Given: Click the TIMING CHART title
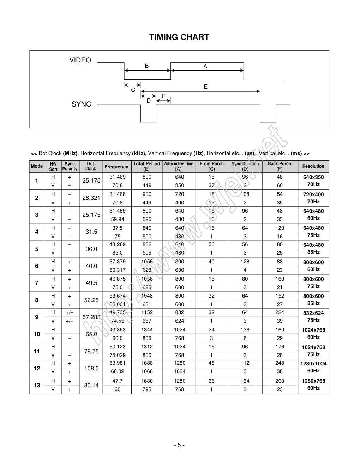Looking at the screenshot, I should pos(179,37).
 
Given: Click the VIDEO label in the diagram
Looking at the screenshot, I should pos(80,60).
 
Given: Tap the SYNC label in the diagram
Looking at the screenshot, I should pos(81,104).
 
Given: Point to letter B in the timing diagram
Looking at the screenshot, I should pos(147,66).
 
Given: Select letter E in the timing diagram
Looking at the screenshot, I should pos(205,87).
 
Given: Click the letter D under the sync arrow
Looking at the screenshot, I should pos(149,101).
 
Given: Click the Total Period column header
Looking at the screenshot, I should pos(146,166).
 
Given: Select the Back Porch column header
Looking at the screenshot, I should pos(280,166).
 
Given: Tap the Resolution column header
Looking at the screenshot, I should pos(313,166).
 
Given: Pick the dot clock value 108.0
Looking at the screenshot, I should pos(91,368).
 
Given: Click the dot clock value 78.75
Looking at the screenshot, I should pos(91,351).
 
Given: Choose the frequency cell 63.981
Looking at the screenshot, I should pos(117,363).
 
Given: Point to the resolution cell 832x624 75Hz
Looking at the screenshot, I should pos(313,317).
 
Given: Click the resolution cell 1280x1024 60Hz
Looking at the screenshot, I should pos(313,367).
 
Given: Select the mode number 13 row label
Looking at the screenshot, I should pos(37,385).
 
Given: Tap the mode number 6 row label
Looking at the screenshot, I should pos(37,266).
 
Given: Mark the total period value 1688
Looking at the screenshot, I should pos(147,363).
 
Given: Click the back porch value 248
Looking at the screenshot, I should pos(280,363).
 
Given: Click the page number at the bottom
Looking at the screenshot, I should pos(179,445).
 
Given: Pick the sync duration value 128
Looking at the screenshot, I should pos(245,262).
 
